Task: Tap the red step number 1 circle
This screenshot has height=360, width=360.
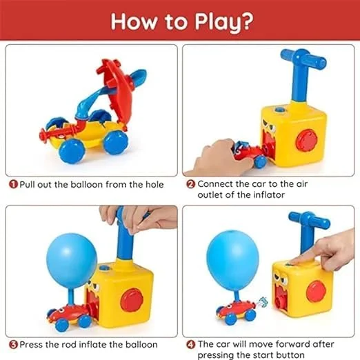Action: (13, 185)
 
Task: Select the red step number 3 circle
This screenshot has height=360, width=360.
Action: (13, 343)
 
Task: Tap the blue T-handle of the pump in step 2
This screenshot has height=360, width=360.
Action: (303, 63)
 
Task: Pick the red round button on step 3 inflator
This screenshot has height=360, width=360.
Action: (131, 300)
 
